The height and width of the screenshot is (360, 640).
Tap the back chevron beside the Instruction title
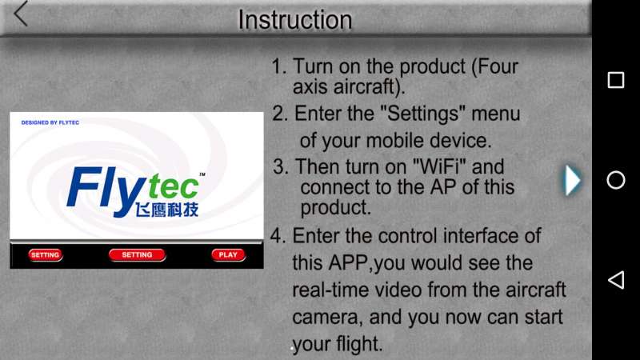[21, 14]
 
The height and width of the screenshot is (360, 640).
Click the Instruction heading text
[294, 19]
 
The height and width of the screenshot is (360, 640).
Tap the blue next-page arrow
[572, 180]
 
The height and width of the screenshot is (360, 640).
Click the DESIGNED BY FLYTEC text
[50, 122]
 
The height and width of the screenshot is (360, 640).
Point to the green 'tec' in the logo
[174, 187]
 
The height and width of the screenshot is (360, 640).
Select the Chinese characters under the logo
[167, 210]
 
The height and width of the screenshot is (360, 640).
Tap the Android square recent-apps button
[615, 80]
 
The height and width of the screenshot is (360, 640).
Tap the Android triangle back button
[616, 280]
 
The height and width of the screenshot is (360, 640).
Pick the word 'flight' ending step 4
[359, 344]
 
